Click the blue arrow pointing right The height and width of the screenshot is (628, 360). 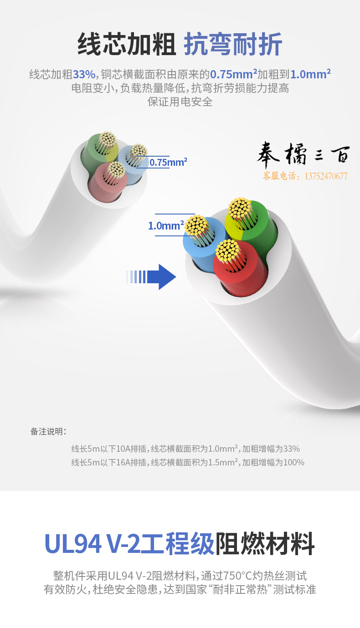(152, 277)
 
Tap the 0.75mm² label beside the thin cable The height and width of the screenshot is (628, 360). (168, 162)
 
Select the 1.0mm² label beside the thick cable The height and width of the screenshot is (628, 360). (166, 225)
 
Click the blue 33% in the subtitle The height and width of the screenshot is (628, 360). (84, 74)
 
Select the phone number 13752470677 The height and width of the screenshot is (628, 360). (326, 176)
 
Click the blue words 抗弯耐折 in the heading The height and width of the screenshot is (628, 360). (233, 44)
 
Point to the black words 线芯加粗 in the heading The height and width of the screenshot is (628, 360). (127, 44)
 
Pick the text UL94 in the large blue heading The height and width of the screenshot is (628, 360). (73, 544)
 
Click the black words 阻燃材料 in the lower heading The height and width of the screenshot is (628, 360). (265, 544)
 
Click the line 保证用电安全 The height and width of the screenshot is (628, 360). (180, 102)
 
